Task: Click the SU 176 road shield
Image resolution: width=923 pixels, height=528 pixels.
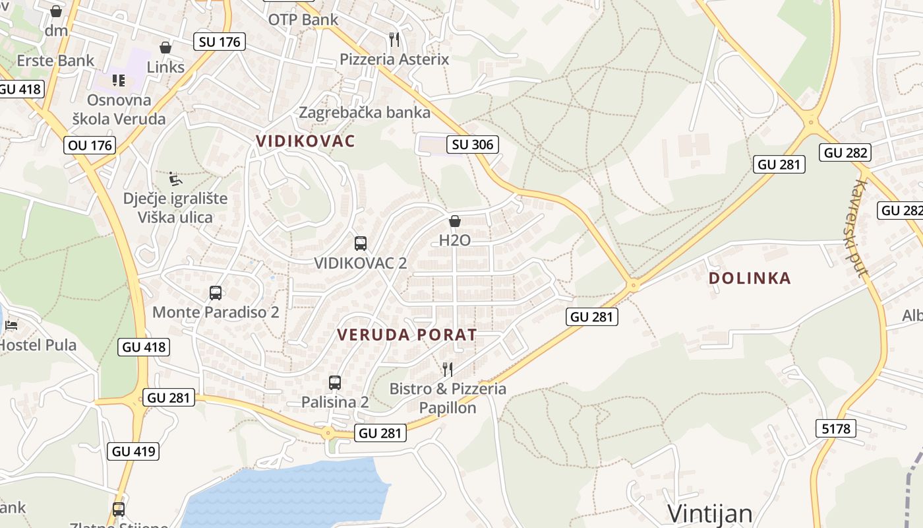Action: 220,42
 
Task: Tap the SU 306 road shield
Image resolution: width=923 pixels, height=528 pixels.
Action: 472,145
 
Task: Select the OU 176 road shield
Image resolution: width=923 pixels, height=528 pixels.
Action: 90,145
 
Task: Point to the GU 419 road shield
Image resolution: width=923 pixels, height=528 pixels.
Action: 134,451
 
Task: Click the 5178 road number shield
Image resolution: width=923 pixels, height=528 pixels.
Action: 836,429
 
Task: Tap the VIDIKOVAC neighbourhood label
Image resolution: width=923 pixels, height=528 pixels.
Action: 305,141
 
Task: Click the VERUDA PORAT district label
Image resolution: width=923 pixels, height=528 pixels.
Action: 407,335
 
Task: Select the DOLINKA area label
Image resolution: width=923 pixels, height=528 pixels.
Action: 750,279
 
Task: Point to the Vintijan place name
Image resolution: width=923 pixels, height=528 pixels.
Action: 709,513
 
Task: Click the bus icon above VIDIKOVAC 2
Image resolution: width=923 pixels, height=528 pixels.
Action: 360,243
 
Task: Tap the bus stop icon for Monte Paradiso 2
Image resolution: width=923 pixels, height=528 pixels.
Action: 216,293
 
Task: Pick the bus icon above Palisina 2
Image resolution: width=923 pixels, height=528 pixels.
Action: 335,382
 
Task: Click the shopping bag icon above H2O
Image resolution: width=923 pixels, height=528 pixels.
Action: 455,221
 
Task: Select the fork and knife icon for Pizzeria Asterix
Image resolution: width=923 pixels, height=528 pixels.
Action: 394,40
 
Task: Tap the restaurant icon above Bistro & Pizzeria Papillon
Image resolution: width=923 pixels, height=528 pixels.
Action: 448,369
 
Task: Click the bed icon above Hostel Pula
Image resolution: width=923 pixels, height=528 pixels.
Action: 11,325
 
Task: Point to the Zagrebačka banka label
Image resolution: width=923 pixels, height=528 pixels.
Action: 365,112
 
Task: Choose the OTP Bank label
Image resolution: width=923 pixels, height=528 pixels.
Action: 303,20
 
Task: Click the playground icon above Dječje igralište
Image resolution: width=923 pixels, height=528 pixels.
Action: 175,179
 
